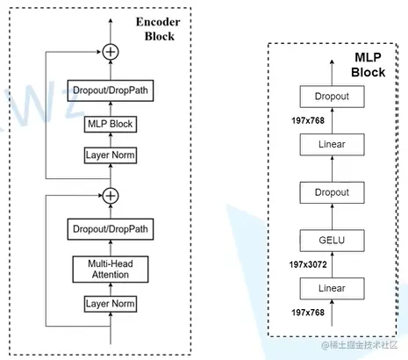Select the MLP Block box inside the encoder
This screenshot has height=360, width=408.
pos(111,124)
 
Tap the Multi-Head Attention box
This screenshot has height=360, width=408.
pos(111,270)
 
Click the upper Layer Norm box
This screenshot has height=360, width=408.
pos(111,155)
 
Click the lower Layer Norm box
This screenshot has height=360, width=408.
pos(111,304)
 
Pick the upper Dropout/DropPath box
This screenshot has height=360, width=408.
pos(111,90)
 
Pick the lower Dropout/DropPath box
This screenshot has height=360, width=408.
pos(111,229)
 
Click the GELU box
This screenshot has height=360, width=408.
pos(332,241)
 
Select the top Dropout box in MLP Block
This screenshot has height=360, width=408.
pos(332,97)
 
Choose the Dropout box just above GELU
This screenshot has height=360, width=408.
pos(332,192)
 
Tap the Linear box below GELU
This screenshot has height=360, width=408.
pos(332,289)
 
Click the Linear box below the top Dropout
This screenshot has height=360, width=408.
pos(332,145)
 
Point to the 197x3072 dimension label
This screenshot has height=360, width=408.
pos(308,264)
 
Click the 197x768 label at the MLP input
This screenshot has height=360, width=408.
pos(308,313)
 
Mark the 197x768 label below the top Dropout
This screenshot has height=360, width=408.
pos(308,120)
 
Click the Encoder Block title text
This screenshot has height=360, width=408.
pos(158,29)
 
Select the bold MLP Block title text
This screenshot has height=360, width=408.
pos(369,65)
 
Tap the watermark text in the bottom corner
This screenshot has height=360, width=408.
pos(360,345)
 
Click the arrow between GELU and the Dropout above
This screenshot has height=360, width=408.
pos(332,217)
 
